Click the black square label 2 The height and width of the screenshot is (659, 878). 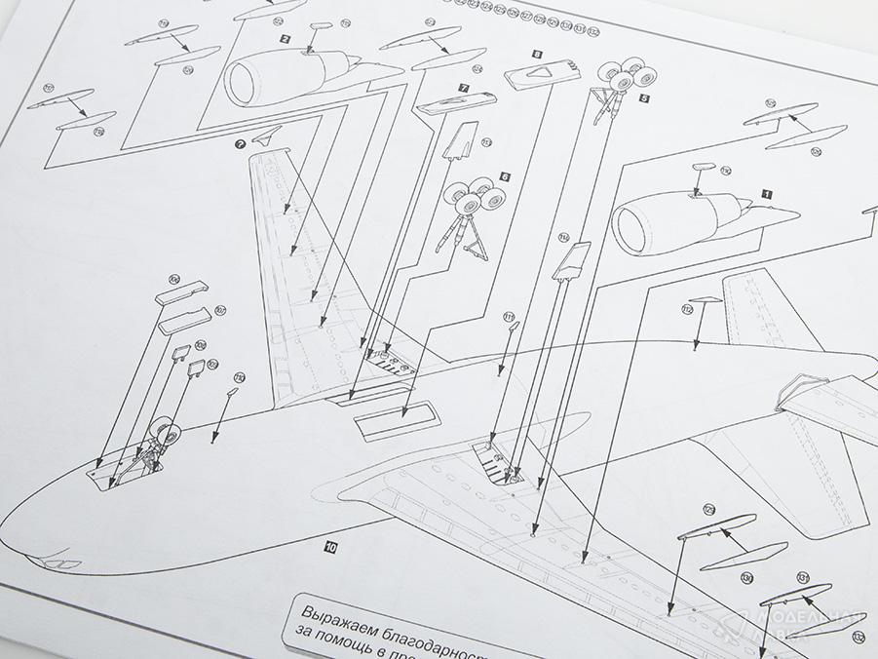(285, 39)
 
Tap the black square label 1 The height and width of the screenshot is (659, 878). (766, 194)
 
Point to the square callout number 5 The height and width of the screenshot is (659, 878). (643, 97)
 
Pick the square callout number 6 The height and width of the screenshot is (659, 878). (504, 176)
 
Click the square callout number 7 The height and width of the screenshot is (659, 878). (464, 88)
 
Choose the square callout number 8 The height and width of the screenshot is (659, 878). (537, 57)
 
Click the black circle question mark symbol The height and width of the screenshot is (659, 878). (240, 142)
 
